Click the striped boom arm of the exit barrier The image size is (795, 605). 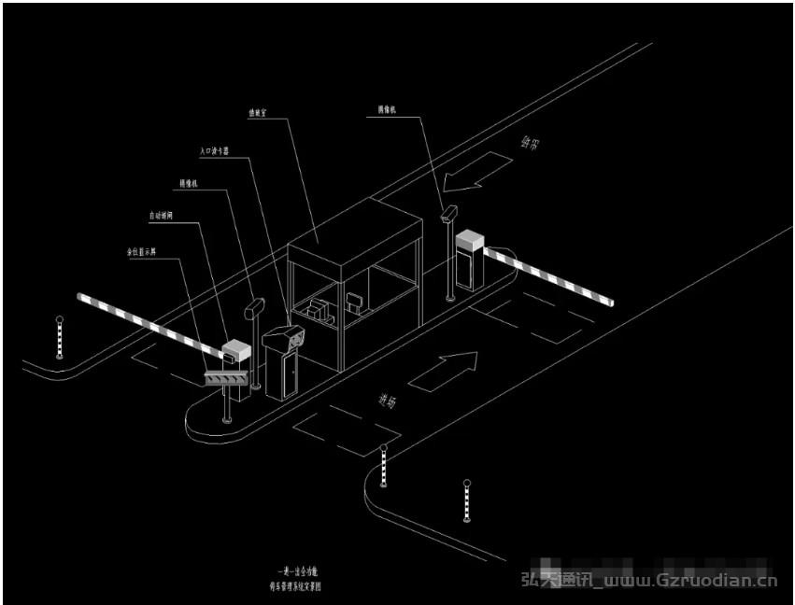click(x=551, y=274)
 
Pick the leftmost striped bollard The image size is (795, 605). click(x=59, y=337)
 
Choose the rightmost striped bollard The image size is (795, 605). click(x=466, y=501)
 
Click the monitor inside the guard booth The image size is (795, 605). click(x=354, y=302)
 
